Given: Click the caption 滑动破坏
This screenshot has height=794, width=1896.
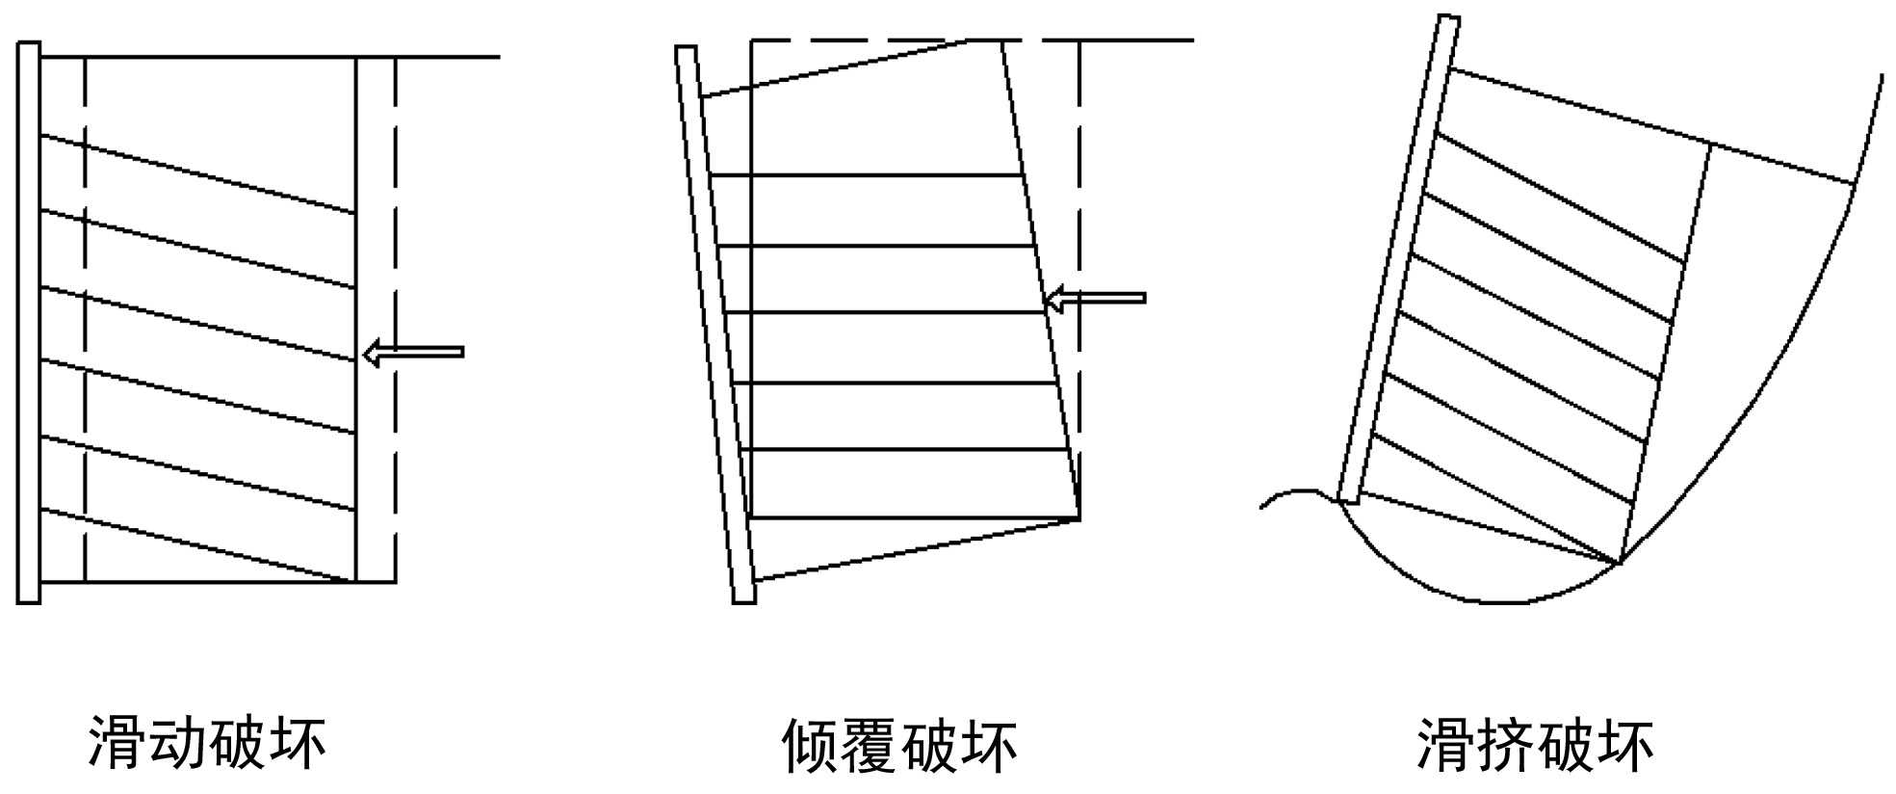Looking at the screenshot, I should (x=207, y=742).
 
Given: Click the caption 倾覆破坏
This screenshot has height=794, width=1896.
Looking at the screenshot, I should (x=899, y=745).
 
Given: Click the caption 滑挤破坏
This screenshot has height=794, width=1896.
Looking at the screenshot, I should (x=1535, y=745).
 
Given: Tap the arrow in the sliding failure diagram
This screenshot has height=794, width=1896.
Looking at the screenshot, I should (x=414, y=353).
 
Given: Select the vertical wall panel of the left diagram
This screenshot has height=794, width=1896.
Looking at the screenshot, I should (x=29, y=323).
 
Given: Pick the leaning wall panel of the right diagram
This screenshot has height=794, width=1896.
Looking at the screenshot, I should (x=1398, y=260).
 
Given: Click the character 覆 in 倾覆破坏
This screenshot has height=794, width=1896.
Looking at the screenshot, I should (x=870, y=745).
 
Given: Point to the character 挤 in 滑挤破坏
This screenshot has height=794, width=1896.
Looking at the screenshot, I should (x=1505, y=745).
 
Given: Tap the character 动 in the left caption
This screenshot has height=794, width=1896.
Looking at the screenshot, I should (x=177, y=742).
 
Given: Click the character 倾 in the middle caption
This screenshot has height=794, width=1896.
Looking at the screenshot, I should (x=810, y=745).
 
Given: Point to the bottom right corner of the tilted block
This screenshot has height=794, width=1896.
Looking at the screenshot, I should (x=1078, y=520).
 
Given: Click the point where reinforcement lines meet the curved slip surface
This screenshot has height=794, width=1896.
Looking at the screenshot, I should (x=1621, y=564).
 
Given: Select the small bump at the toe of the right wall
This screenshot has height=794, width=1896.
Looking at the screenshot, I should (x=1295, y=493).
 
